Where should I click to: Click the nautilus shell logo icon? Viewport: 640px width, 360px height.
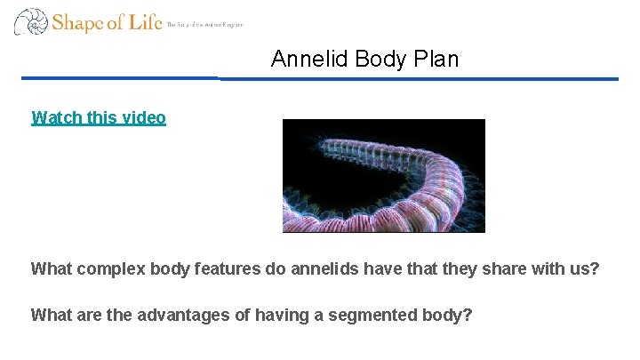[29, 21]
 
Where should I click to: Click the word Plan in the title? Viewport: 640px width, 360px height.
[436, 60]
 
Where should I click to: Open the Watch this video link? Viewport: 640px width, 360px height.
[98, 117]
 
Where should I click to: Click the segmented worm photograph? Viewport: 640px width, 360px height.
[383, 176]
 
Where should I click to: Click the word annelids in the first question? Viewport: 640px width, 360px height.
[324, 268]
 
